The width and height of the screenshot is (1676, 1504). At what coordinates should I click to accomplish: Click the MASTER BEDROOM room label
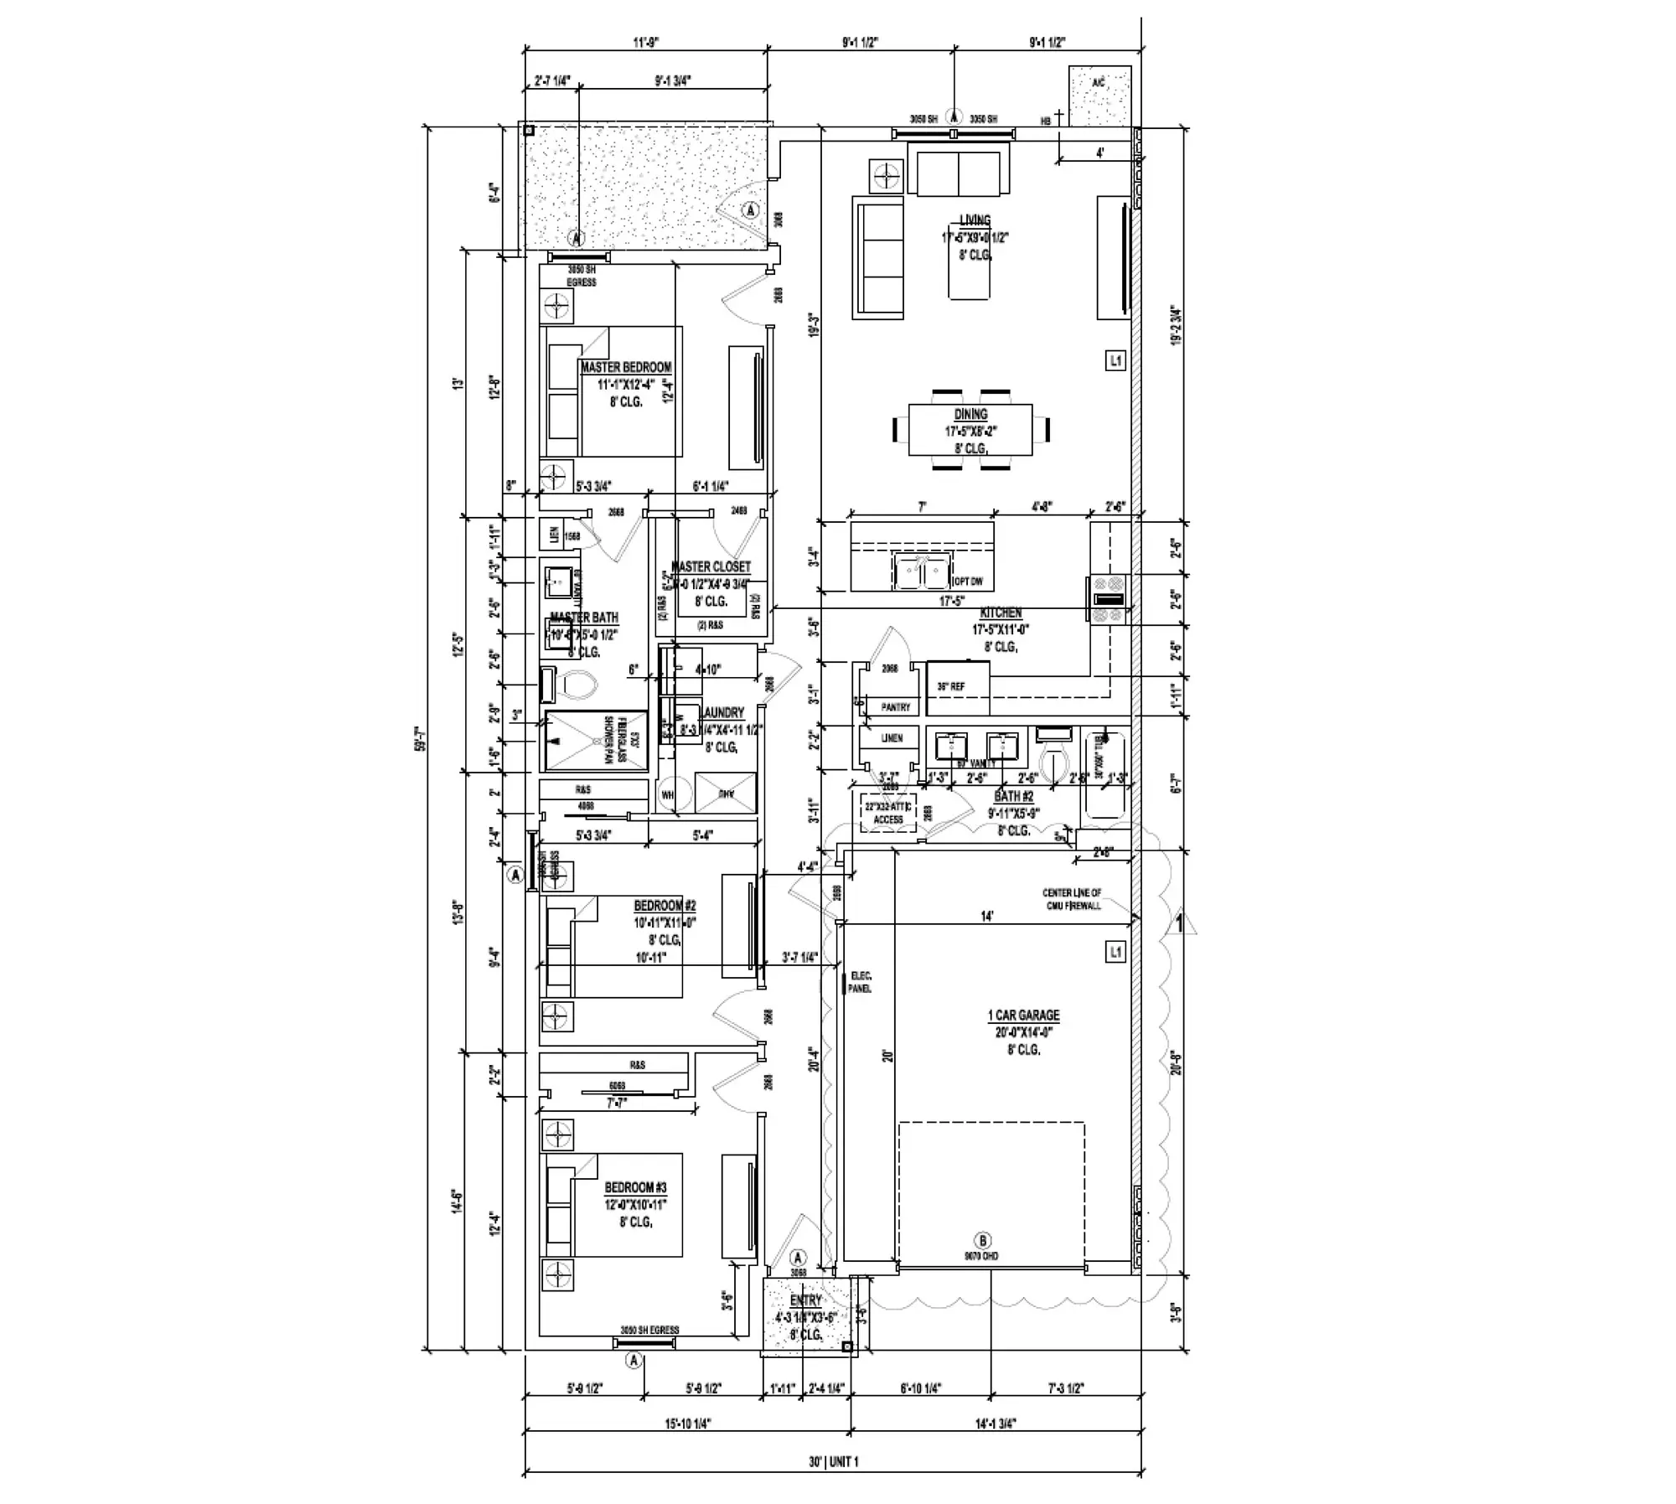click(x=626, y=367)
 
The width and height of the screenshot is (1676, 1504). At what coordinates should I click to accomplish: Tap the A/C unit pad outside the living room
click(x=1099, y=96)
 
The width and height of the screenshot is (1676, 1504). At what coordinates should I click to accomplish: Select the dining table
click(x=970, y=430)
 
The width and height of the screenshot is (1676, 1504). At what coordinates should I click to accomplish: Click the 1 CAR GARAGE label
click(x=1023, y=1015)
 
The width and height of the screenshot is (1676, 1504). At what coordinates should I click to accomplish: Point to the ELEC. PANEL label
click(x=860, y=982)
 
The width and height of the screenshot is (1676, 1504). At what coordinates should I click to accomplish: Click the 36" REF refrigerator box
click(x=957, y=687)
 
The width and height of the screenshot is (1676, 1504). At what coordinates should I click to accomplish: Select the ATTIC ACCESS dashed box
click(x=888, y=812)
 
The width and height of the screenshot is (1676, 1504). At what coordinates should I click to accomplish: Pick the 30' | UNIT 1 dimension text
click(x=833, y=1462)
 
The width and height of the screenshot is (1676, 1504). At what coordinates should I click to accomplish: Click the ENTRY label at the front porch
click(x=805, y=1300)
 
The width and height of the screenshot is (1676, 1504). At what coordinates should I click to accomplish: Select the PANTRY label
click(x=895, y=707)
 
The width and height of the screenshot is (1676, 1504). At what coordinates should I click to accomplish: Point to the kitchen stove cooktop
click(x=1108, y=599)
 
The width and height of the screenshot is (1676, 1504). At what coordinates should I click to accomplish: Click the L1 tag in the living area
click(x=1115, y=361)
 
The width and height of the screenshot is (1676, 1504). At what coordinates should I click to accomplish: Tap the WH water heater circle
click(x=668, y=794)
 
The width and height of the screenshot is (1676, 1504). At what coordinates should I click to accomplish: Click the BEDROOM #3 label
click(x=635, y=1187)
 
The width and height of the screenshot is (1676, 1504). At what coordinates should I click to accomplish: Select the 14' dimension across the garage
click(x=987, y=917)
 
